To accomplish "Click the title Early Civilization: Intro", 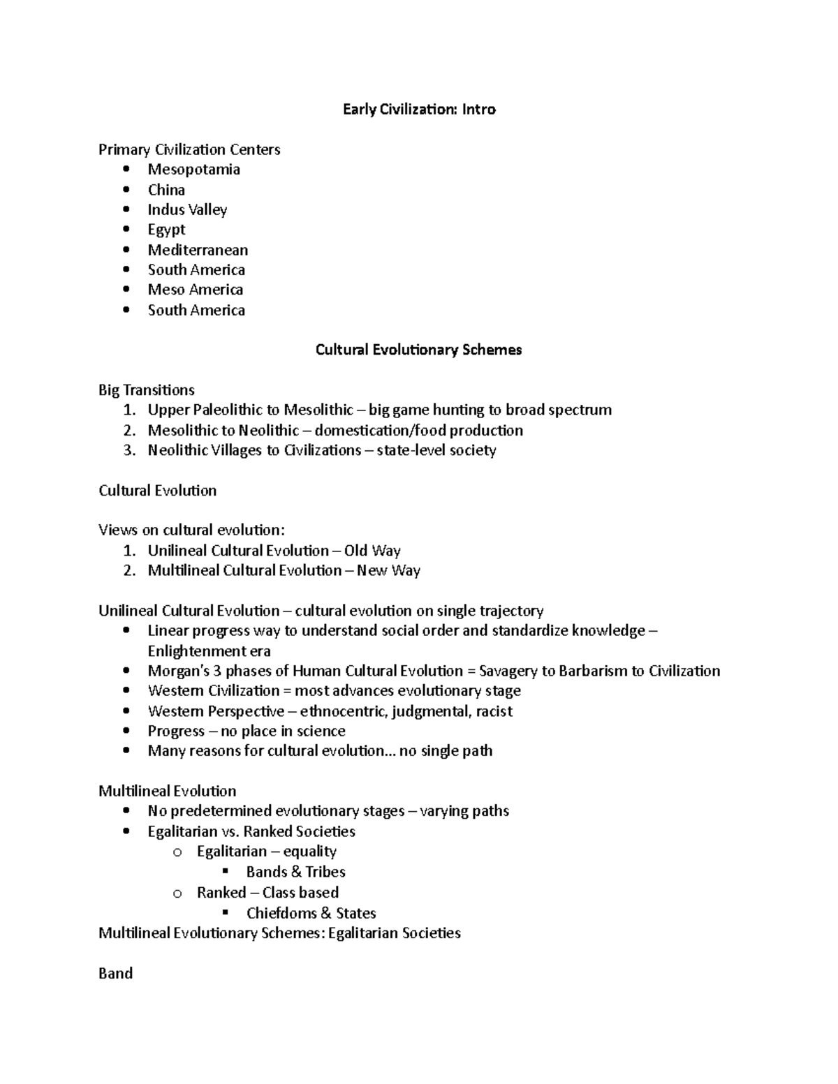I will [x=419, y=109].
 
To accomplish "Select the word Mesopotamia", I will [x=193, y=170].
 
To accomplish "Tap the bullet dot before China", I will [x=126, y=190].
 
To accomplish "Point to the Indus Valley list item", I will [x=187, y=210].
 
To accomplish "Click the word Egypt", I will [x=166, y=230].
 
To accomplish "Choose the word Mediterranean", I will [x=198, y=250].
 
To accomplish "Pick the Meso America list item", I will [x=196, y=290].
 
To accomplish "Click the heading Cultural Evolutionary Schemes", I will [x=418, y=350].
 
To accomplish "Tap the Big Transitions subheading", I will [x=147, y=390].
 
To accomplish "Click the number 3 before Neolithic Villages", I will [x=128, y=450].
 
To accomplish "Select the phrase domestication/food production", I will [x=418, y=431].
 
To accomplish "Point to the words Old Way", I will [x=372, y=551].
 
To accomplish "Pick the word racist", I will [x=494, y=711].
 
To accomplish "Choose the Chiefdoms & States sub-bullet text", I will [x=311, y=913].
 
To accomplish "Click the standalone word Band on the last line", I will [x=116, y=974].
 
